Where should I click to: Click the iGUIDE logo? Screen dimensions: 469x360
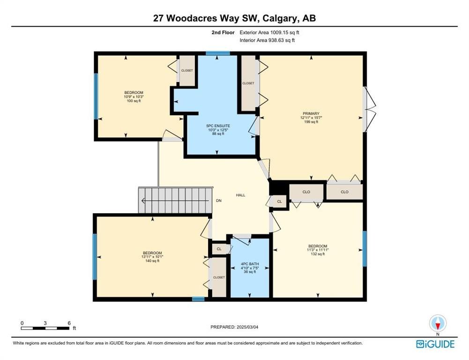point(435,344)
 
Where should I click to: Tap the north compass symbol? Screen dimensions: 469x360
point(438,323)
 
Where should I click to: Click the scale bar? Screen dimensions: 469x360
point(45,328)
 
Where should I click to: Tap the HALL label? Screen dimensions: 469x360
point(240,195)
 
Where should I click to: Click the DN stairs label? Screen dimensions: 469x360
point(219,201)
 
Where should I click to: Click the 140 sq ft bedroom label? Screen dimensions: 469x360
point(152,257)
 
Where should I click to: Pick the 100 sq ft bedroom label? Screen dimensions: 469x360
point(134,97)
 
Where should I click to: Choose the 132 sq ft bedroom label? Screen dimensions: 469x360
point(318,250)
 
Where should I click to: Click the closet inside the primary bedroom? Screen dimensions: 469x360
point(249,83)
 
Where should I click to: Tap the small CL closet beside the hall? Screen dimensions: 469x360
point(279,202)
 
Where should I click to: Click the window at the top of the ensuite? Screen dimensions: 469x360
point(218,53)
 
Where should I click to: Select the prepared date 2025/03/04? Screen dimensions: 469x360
point(234,327)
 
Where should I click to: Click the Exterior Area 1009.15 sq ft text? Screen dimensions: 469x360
point(269,32)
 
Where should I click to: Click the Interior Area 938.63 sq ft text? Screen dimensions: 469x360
point(267,40)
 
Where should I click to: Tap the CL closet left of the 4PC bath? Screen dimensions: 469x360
point(219,249)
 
